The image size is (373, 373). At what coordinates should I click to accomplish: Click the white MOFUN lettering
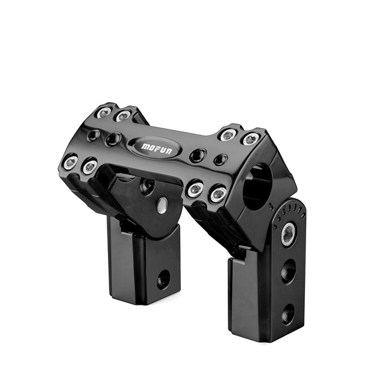click(x=156, y=149)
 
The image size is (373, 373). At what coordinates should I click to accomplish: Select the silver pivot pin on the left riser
click(x=163, y=205)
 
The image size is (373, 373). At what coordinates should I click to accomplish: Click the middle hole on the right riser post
click(x=288, y=271)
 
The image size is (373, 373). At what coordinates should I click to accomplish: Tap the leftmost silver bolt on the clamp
click(x=71, y=162)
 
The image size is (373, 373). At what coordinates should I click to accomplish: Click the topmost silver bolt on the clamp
click(x=104, y=113)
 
